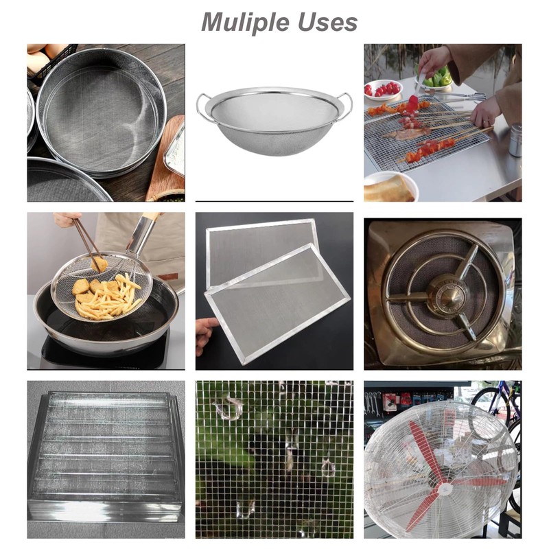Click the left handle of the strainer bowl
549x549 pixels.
(x=204, y=105)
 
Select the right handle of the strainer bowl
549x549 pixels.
(x=344, y=105)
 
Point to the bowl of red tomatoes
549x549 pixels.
(x=383, y=90)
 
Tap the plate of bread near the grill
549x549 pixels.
(x=388, y=187)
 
